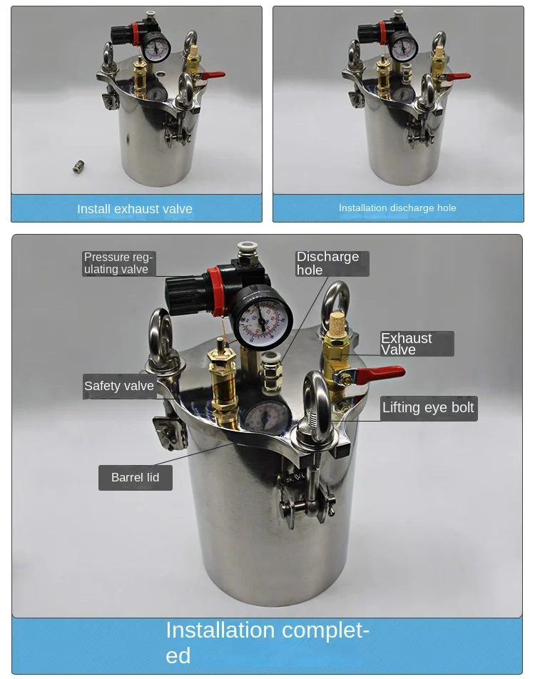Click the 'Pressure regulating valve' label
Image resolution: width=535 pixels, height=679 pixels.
click(x=118, y=263)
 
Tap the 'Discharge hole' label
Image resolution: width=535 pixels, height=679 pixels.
click(x=328, y=263)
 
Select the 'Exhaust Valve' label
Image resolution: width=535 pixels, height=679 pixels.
click(x=407, y=344)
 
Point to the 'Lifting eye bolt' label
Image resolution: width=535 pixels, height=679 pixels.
click(x=428, y=407)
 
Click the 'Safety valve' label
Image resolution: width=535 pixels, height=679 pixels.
click(x=119, y=385)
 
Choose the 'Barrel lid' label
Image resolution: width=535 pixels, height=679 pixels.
click(x=135, y=477)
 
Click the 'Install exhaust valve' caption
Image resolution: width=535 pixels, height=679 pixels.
click(x=135, y=209)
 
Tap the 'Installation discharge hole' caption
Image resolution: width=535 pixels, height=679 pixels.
click(x=397, y=208)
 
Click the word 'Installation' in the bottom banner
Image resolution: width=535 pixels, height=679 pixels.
click(x=220, y=630)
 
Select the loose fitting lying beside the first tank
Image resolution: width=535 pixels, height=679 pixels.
click(x=78, y=167)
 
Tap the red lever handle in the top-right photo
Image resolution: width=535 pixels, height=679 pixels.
click(x=457, y=77)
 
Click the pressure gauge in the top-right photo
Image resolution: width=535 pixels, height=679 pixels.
click(x=404, y=46)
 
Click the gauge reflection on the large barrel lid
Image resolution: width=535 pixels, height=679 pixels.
click(x=267, y=416)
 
